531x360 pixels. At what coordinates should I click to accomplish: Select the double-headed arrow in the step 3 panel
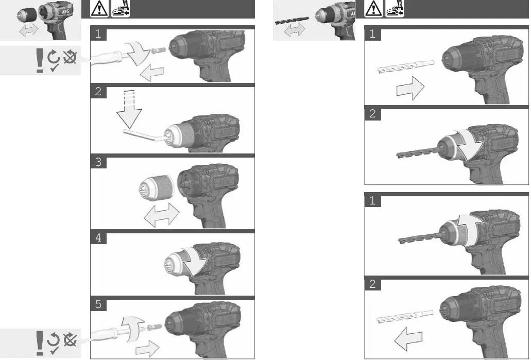pyautogui.click(x=161, y=214)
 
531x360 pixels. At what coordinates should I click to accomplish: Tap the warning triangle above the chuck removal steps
pyautogui.click(x=99, y=9)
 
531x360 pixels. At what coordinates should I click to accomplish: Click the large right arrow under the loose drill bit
pyautogui.click(x=409, y=91)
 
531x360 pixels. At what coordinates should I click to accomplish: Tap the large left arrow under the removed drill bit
pyautogui.click(x=409, y=340)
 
